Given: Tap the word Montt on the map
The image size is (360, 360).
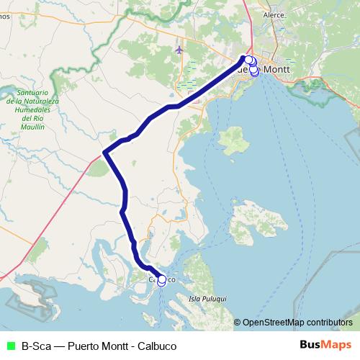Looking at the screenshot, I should click(x=277, y=69).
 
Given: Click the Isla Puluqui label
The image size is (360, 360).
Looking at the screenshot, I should click(x=207, y=297).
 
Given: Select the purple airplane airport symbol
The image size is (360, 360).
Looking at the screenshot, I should click(x=179, y=50).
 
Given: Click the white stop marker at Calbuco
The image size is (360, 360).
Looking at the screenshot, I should click(x=161, y=280).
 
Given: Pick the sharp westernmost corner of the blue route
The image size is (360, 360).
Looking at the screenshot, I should click(x=105, y=152).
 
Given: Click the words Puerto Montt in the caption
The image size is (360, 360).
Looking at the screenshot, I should click(x=99, y=346).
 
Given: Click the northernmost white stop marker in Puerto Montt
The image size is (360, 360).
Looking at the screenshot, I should click(x=248, y=60).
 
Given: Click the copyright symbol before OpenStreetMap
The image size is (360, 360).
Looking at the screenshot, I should click(x=238, y=322).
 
